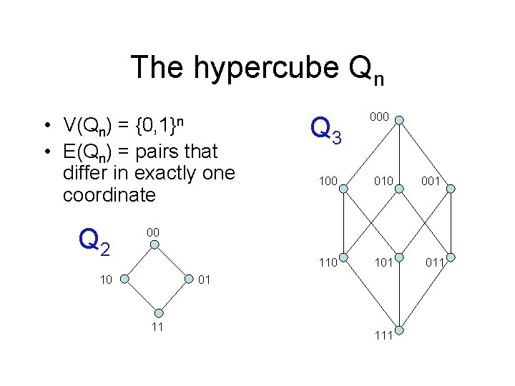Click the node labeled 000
400,119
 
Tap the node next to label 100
345,189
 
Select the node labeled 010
400,189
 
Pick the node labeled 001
451,189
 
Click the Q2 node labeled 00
154,244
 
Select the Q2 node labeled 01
187,279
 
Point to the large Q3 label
330,129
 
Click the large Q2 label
94,241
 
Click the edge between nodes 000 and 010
400,154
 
